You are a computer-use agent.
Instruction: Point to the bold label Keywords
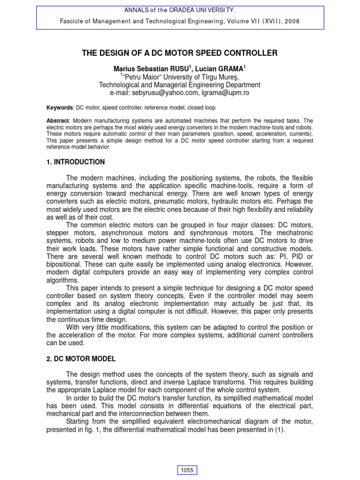(60, 107)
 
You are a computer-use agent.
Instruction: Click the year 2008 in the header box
(291, 21)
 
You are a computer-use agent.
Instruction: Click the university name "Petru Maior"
(144, 77)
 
